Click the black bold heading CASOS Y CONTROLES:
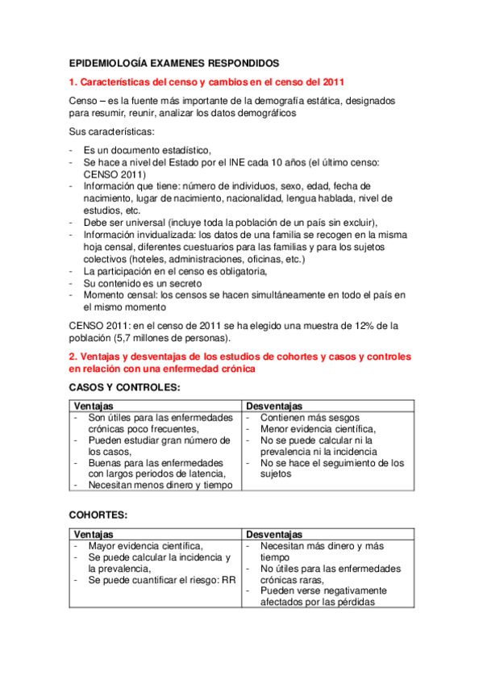[x=125, y=389]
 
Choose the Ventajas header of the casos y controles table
[x=94, y=406]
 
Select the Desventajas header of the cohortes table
[x=274, y=534]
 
